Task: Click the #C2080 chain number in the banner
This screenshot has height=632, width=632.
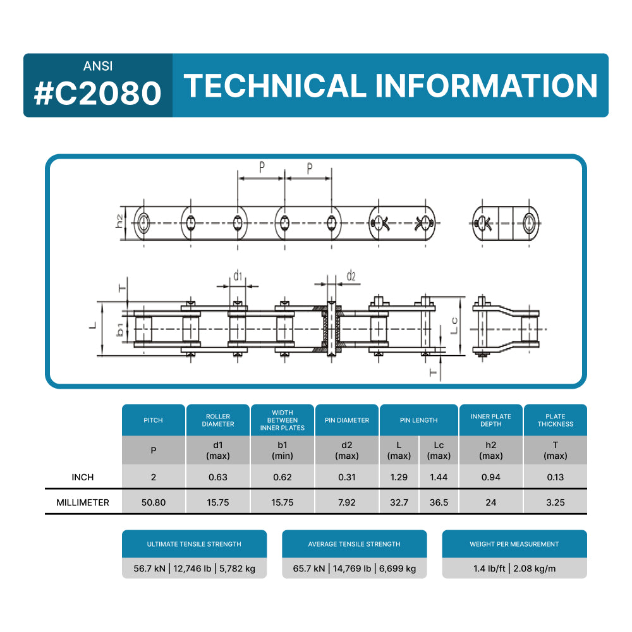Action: [98, 93]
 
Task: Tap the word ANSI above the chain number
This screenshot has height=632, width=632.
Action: [98, 66]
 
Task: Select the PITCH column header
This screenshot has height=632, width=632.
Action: [153, 420]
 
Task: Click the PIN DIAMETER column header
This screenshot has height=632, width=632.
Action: [346, 420]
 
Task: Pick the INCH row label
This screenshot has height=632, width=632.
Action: [83, 477]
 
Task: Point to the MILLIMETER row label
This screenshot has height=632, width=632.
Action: [83, 502]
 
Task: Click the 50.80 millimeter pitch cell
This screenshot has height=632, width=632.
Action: [153, 502]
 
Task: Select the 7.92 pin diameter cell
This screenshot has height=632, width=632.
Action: [346, 502]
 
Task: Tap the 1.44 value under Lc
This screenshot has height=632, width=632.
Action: [439, 477]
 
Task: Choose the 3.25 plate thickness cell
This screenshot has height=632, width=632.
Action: [555, 502]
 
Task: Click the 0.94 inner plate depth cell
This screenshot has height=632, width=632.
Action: [490, 477]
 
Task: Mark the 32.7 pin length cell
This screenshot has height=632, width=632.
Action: [399, 502]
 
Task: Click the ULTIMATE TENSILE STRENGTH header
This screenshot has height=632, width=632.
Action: [194, 544]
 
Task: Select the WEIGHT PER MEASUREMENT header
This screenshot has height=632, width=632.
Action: [514, 544]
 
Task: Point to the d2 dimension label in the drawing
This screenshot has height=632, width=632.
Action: [351, 277]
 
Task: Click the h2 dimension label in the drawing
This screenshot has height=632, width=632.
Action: [119, 222]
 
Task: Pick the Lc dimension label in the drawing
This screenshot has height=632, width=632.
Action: [454, 326]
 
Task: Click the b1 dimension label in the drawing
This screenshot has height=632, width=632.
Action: [119, 329]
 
